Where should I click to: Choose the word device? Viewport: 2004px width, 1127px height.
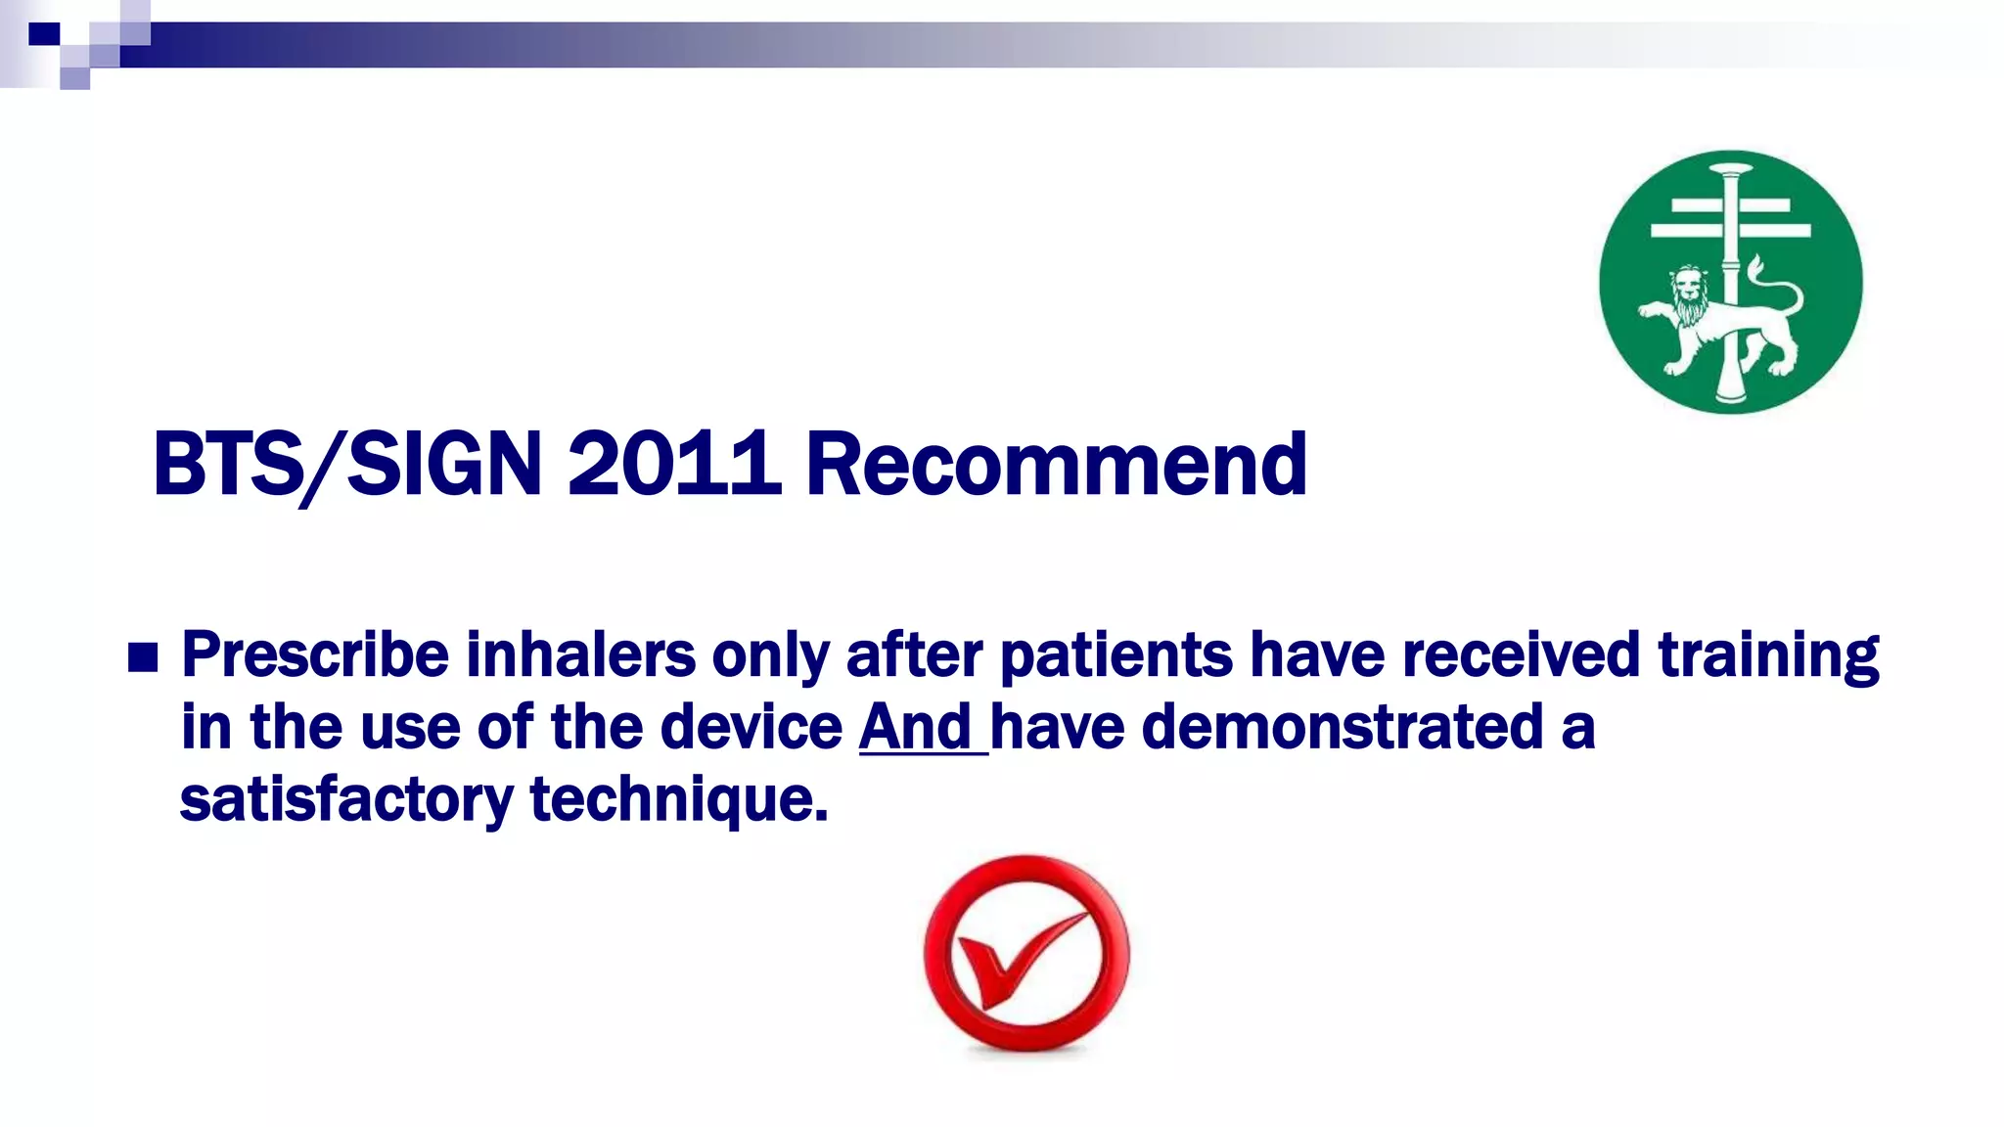pos(751,727)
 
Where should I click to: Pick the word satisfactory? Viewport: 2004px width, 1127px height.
pos(346,799)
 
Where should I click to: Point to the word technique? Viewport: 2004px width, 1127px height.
pos(678,799)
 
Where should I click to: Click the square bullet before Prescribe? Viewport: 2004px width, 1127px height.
pos(143,658)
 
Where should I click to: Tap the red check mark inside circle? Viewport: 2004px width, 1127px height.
pos(1023,959)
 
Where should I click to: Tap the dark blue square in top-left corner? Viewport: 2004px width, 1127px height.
pos(44,34)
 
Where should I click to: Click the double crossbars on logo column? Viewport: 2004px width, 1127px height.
pos(1730,218)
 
